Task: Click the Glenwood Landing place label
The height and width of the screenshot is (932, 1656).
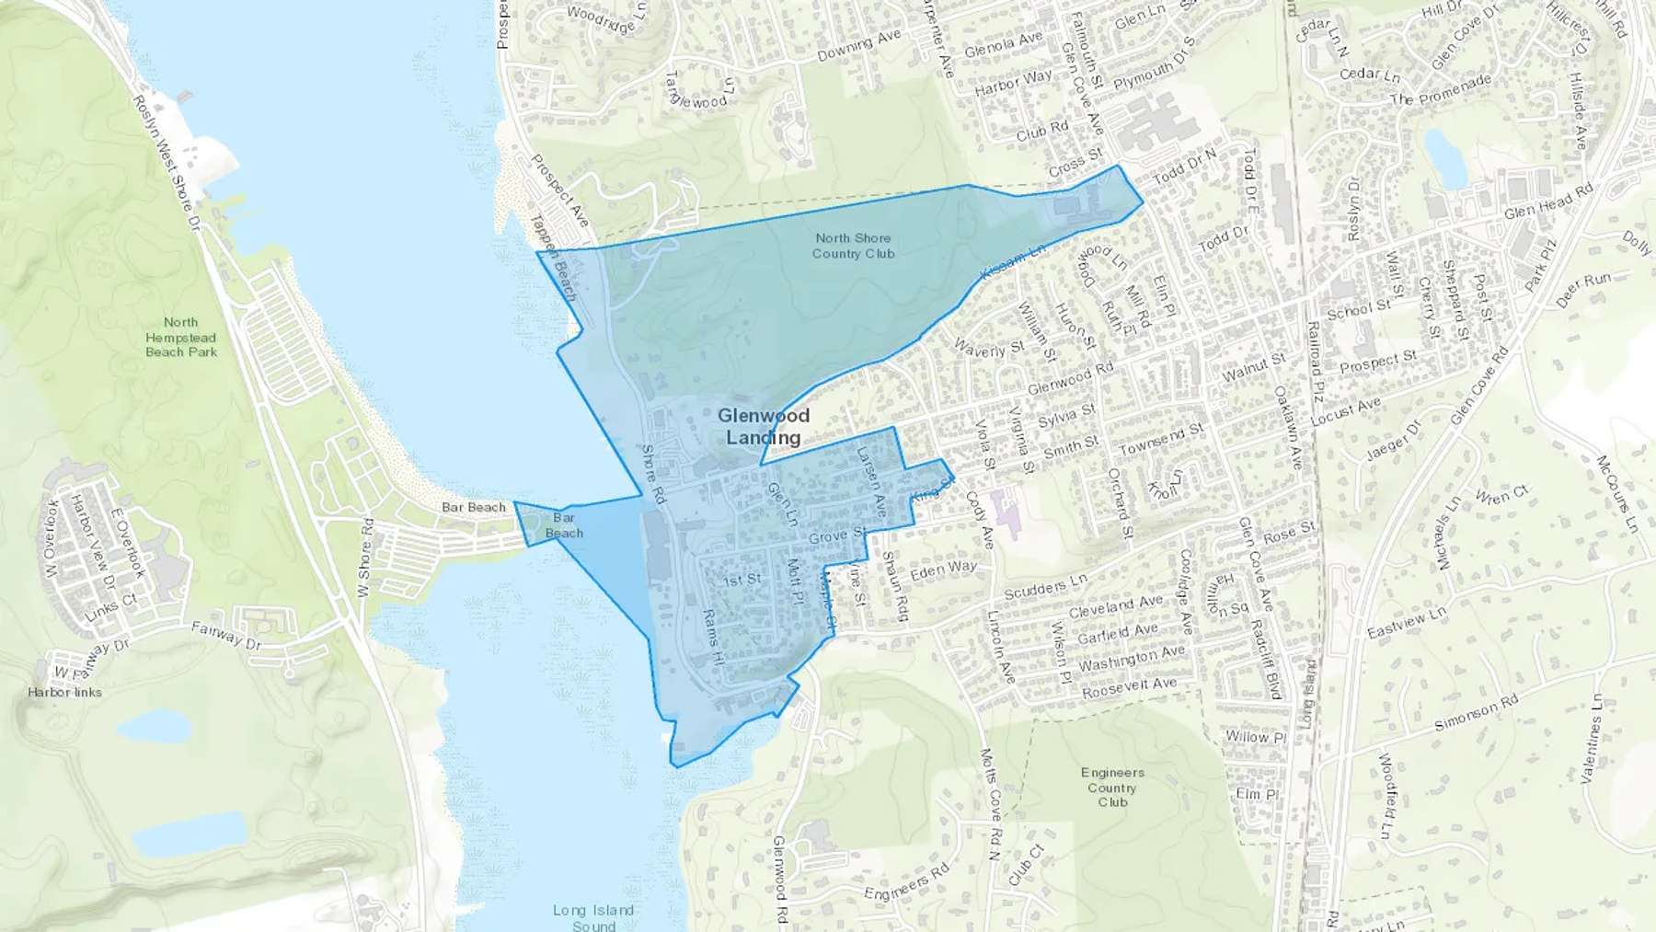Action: [764, 427]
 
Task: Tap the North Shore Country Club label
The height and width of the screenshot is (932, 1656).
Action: [853, 246]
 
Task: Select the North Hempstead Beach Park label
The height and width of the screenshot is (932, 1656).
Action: [181, 337]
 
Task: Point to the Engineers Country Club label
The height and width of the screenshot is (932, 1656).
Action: [1112, 788]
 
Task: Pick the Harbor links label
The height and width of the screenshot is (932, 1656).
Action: [64, 692]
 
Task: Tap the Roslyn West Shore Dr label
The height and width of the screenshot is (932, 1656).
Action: [167, 161]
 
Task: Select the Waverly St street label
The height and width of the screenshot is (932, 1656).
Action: [989, 349]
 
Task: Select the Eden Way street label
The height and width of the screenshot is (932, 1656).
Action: [943, 570]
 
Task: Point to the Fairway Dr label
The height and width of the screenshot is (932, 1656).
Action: [226, 635]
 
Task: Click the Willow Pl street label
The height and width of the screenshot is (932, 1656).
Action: [1255, 736]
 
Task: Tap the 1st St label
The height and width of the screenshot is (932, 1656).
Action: [742, 580]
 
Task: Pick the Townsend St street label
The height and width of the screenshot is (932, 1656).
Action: [1161, 439]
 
